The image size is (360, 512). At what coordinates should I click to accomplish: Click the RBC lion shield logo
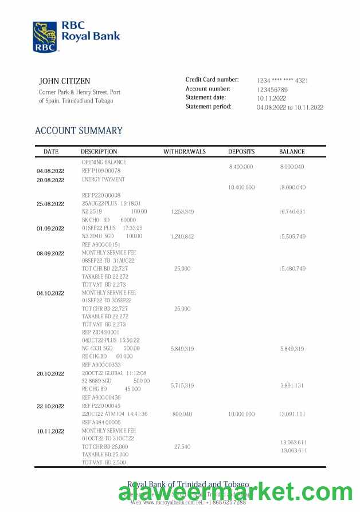(45, 37)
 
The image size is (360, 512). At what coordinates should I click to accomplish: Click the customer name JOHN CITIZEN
(64, 81)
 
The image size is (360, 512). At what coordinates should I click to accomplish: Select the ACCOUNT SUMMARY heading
(79, 131)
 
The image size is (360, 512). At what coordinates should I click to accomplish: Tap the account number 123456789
(272, 90)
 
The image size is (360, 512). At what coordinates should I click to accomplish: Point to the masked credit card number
(282, 81)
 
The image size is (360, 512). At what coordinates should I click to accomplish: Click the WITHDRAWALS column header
(182, 152)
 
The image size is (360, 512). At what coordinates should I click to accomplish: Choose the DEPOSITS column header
(241, 152)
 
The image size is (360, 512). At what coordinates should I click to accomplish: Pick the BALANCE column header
(292, 152)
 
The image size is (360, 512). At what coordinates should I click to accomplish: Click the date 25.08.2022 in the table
(50, 203)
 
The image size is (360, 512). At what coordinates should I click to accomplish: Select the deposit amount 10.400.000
(241, 187)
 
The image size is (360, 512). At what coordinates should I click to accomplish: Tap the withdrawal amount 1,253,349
(182, 212)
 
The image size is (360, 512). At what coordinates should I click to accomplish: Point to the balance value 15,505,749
(292, 237)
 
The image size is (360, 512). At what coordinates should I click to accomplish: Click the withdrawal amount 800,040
(182, 414)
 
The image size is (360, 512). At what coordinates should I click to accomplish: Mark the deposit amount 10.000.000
(241, 414)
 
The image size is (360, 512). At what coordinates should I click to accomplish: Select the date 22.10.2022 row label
(50, 406)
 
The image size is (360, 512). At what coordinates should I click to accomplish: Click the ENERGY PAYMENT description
(103, 179)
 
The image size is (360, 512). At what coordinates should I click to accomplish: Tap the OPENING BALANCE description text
(104, 162)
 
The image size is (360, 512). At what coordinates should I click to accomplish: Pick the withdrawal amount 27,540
(182, 446)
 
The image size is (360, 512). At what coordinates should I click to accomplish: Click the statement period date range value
(290, 107)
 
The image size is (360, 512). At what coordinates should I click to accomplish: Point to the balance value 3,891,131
(292, 385)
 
